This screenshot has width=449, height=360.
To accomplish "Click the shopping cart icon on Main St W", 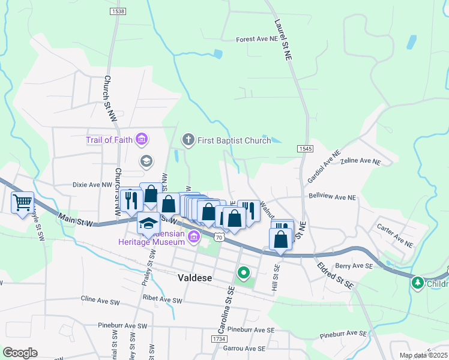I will [22, 203].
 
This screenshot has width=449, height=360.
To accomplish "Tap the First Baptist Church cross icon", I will [188, 140].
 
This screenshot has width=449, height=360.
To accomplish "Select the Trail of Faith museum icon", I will [142, 140].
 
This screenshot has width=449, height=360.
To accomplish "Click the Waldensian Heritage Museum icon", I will [193, 238].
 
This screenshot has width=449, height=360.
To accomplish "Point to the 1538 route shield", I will [118, 11].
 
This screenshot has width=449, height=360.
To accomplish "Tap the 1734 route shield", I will [219, 340].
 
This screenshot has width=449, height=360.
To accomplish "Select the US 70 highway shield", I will [220, 237].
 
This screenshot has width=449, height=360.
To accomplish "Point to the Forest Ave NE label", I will [258, 38].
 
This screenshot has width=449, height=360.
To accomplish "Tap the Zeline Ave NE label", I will [360, 161].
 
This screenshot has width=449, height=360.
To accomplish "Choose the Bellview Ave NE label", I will [332, 197].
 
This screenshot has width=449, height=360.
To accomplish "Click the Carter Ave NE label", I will [394, 236].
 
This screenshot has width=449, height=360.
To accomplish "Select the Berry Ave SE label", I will [354, 265].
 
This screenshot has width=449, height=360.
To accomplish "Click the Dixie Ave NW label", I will [92, 185].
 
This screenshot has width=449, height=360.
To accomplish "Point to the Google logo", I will [20, 353].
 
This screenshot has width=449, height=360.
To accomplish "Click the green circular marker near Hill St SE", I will [243, 274].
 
